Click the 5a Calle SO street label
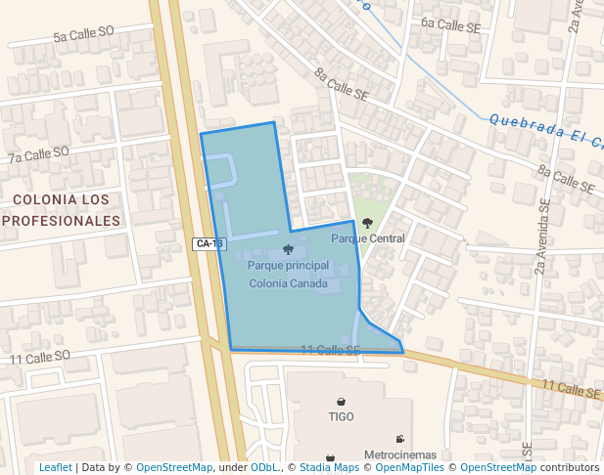(x=84, y=34)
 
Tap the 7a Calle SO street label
(x=38, y=154)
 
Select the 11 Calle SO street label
(x=40, y=359)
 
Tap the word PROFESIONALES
(x=62, y=221)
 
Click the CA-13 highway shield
(x=209, y=243)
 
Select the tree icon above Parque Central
(x=367, y=224)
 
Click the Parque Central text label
(x=368, y=238)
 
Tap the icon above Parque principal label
(x=288, y=250)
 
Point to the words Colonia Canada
(x=288, y=283)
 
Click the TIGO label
(x=341, y=416)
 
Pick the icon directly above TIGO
(x=341, y=402)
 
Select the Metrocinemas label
(x=399, y=455)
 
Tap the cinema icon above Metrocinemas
(x=399, y=439)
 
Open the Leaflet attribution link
(x=55, y=467)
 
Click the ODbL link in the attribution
(x=264, y=467)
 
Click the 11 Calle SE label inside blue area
(x=330, y=350)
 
